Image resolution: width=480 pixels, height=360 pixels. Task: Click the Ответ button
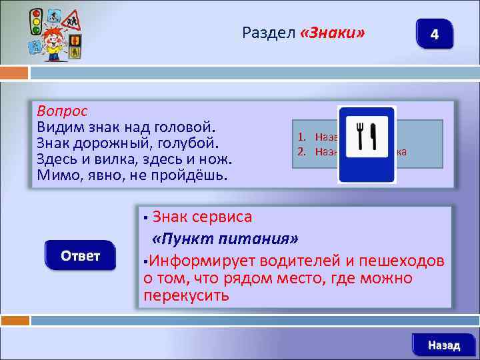click(81, 256)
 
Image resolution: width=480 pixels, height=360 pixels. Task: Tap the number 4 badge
click(434, 34)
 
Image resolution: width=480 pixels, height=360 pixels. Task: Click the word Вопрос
click(62, 110)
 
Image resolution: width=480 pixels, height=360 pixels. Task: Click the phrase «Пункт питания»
click(225, 239)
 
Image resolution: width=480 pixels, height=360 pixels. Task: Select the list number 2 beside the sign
click(301, 151)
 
